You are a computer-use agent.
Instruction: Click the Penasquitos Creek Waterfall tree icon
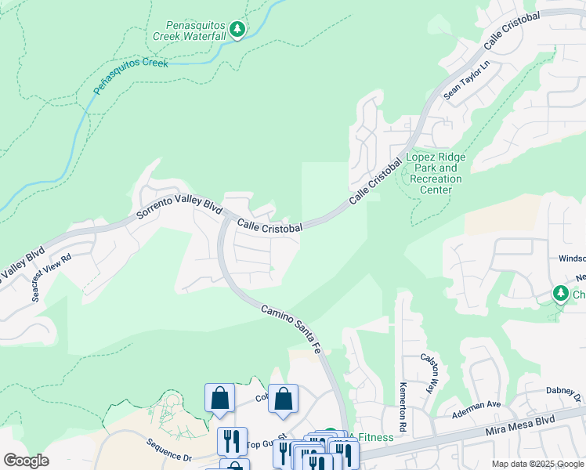pyautogui.click(x=237, y=30)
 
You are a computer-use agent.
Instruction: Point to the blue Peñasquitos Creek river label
pyautogui.click(x=131, y=74)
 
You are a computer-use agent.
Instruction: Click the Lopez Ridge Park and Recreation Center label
pyautogui.click(x=436, y=173)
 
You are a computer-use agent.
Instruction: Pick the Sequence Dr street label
pyautogui.click(x=168, y=451)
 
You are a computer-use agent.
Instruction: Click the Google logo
pyautogui.click(x=26, y=461)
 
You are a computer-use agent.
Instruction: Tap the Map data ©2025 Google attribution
pyautogui.click(x=537, y=464)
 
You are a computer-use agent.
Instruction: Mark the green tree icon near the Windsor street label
pyautogui.click(x=560, y=294)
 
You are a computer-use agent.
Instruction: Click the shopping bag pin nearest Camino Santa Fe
pyautogui.click(x=283, y=398)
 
